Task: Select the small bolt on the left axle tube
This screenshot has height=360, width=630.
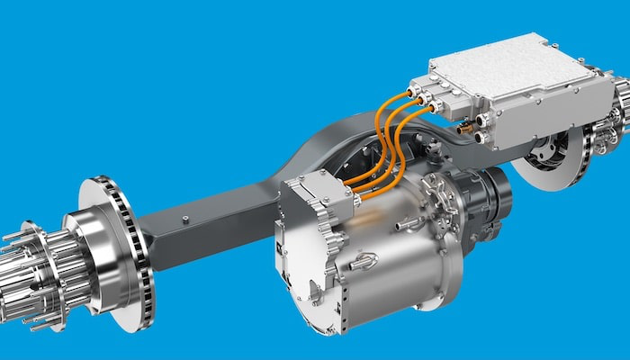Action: (x=185, y=219)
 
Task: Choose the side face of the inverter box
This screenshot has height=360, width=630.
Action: (x=540, y=117)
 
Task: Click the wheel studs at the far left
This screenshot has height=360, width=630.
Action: (x=22, y=270)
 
